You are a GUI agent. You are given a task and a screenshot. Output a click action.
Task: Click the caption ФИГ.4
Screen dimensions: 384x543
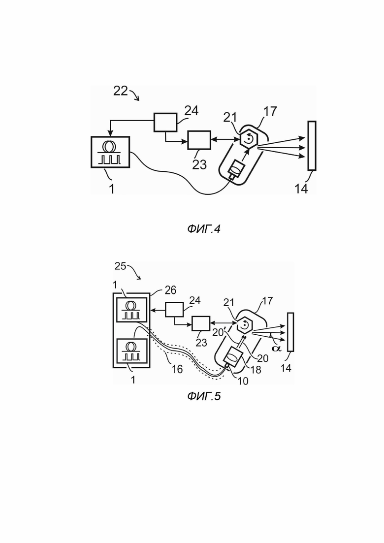tap(204, 229)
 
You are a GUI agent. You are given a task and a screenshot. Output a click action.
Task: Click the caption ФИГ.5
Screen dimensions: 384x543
tap(204, 396)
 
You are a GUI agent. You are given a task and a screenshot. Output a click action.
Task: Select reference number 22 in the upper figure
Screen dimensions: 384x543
tap(121, 91)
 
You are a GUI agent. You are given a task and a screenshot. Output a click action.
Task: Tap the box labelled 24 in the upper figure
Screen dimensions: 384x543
tap(165, 122)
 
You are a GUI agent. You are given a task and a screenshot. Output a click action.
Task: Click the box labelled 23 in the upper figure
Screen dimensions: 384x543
tap(199, 140)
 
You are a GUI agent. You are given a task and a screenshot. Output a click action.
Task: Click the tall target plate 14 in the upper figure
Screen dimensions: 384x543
tap(312, 145)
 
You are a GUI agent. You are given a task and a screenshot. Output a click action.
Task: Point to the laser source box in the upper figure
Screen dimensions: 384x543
tap(110, 152)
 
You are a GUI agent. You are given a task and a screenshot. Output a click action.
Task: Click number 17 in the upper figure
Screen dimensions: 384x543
tap(270, 111)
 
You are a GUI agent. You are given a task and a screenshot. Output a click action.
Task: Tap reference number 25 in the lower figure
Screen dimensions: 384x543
tap(120, 266)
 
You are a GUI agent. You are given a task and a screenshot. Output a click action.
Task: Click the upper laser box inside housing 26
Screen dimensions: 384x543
tap(131, 310)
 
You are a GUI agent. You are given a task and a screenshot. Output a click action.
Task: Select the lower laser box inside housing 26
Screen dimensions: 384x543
tap(131, 351)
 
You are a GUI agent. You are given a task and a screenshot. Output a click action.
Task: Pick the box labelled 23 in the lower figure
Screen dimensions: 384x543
tap(201, 323)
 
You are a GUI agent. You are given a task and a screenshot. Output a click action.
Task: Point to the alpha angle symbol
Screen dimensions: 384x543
tap(276, 348)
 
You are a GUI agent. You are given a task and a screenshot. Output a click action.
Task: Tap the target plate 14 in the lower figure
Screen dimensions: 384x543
tap(290, 332)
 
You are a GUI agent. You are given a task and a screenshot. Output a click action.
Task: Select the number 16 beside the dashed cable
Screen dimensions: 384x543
tap(177, 369)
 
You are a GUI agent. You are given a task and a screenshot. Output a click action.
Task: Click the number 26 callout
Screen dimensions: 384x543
tap(170, 290)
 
